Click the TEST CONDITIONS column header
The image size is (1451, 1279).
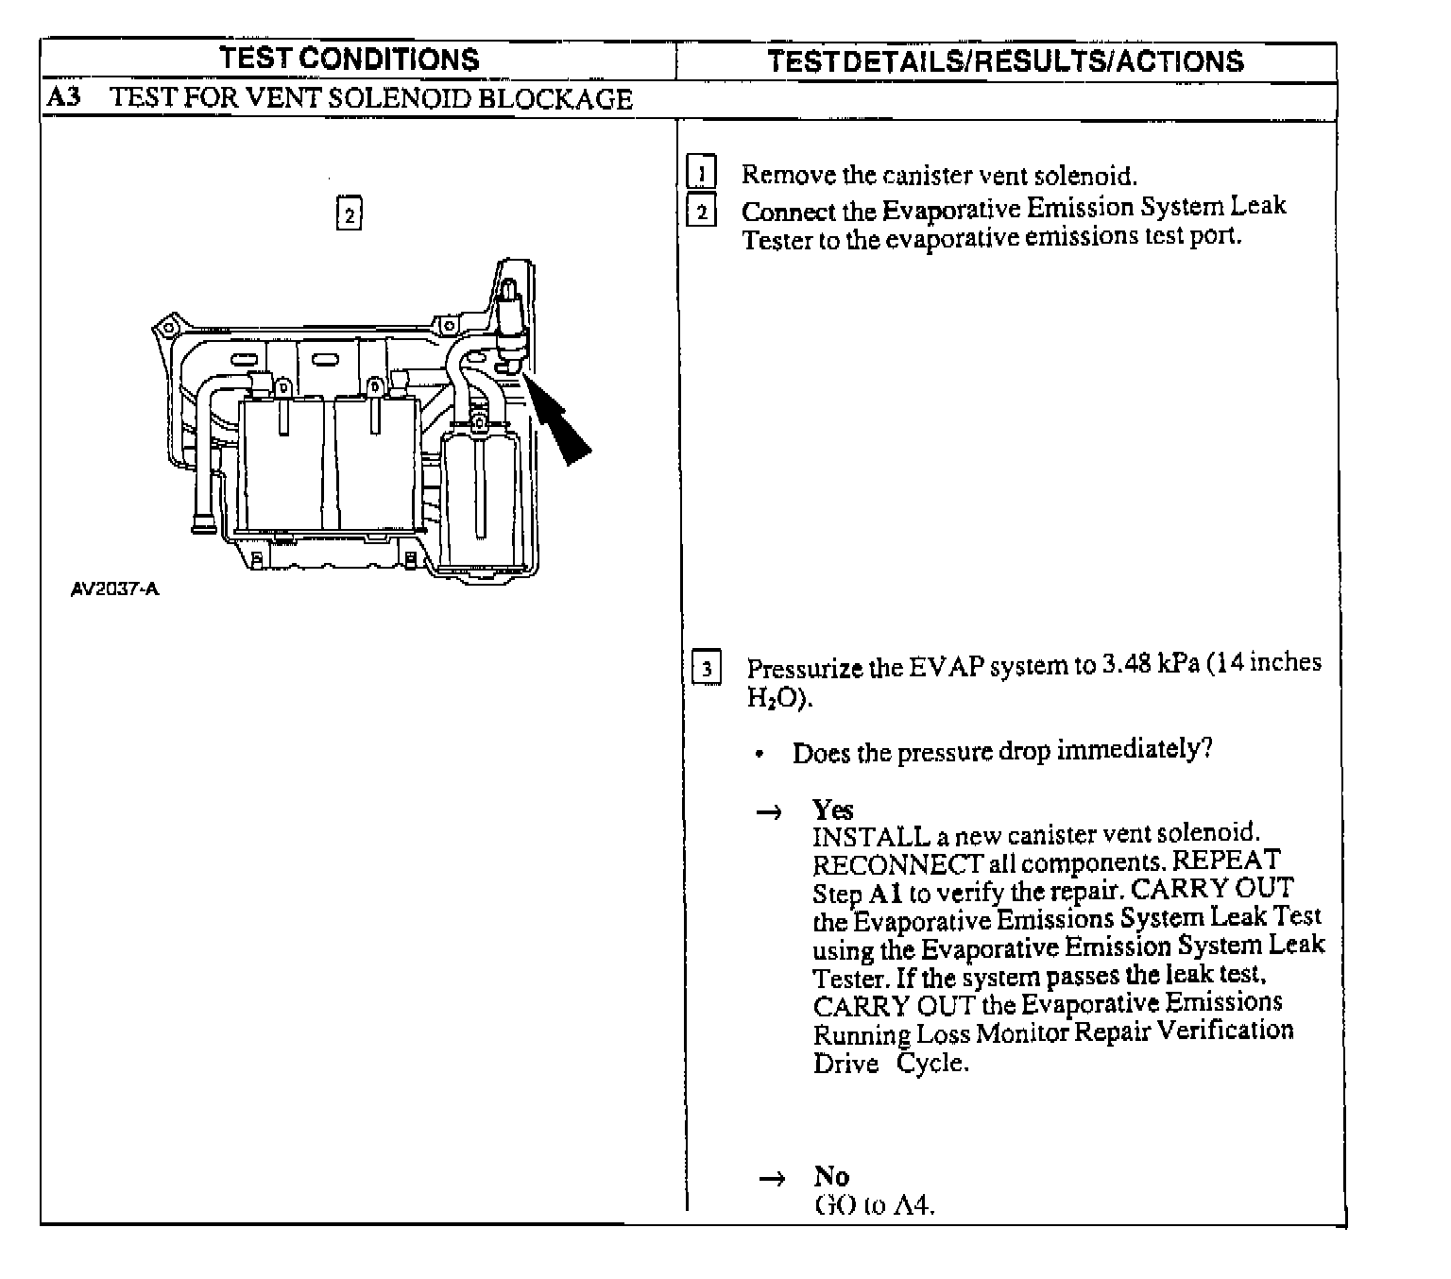point(350,59)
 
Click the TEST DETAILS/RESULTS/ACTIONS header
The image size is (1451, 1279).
point(1005,61)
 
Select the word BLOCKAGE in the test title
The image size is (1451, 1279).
point(555,99)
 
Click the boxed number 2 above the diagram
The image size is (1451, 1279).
point(350,213)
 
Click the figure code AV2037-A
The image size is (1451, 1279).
point(115,589)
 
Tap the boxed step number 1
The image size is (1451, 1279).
point(702,174)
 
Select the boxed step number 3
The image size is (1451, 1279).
point(707,669)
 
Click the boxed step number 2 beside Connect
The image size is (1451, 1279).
point(702,211)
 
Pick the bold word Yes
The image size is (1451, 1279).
point(832,810)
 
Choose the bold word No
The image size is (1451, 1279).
point(831,1176)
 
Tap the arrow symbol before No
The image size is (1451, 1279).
point(772,1179)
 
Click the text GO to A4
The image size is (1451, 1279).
point(874,1205)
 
